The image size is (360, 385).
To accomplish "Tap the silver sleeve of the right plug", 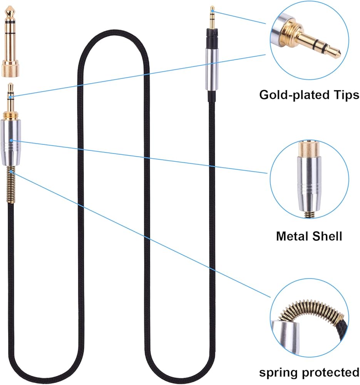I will [x=212, y=69].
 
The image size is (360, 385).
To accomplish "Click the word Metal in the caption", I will [x=293, y=236].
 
